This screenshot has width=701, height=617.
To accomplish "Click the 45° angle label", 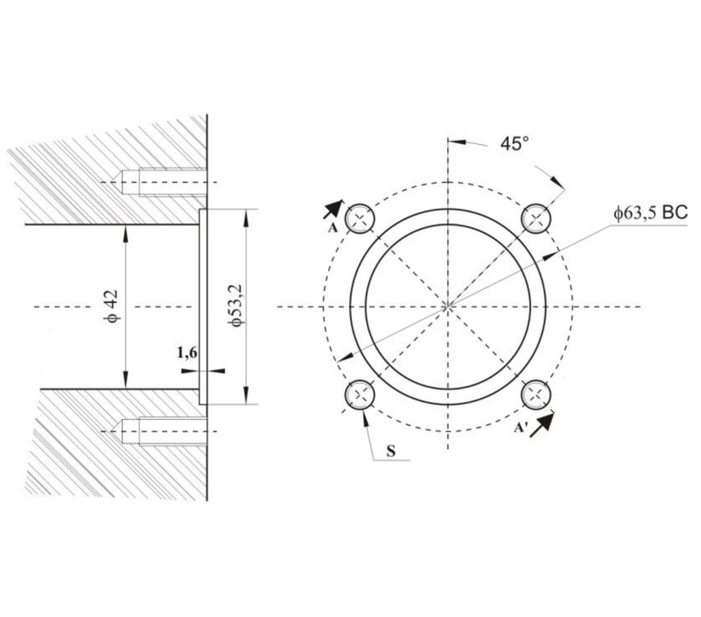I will tap(514, 143).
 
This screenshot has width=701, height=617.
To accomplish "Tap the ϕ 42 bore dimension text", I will tap(111, 305).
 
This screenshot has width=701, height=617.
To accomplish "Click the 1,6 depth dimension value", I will tap(187, 353).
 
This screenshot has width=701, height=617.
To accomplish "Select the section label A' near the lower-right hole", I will tap(520, 427).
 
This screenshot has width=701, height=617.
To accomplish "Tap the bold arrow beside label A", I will tap(333, 208).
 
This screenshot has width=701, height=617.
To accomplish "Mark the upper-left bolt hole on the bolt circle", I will tap(361, 217).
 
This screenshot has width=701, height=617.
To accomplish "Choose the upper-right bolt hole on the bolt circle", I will tap(536, 217).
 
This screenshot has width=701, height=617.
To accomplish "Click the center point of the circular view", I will tap(448, 306).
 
